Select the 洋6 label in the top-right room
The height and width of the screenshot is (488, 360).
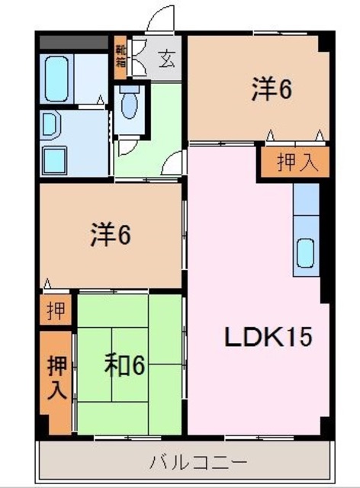click(x=272, y=90)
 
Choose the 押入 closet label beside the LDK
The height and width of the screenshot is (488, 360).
click(x=292, y=164)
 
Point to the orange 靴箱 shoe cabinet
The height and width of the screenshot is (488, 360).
click(x=121, y=55)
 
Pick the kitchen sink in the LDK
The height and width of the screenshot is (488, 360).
click(x=307, y=252)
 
